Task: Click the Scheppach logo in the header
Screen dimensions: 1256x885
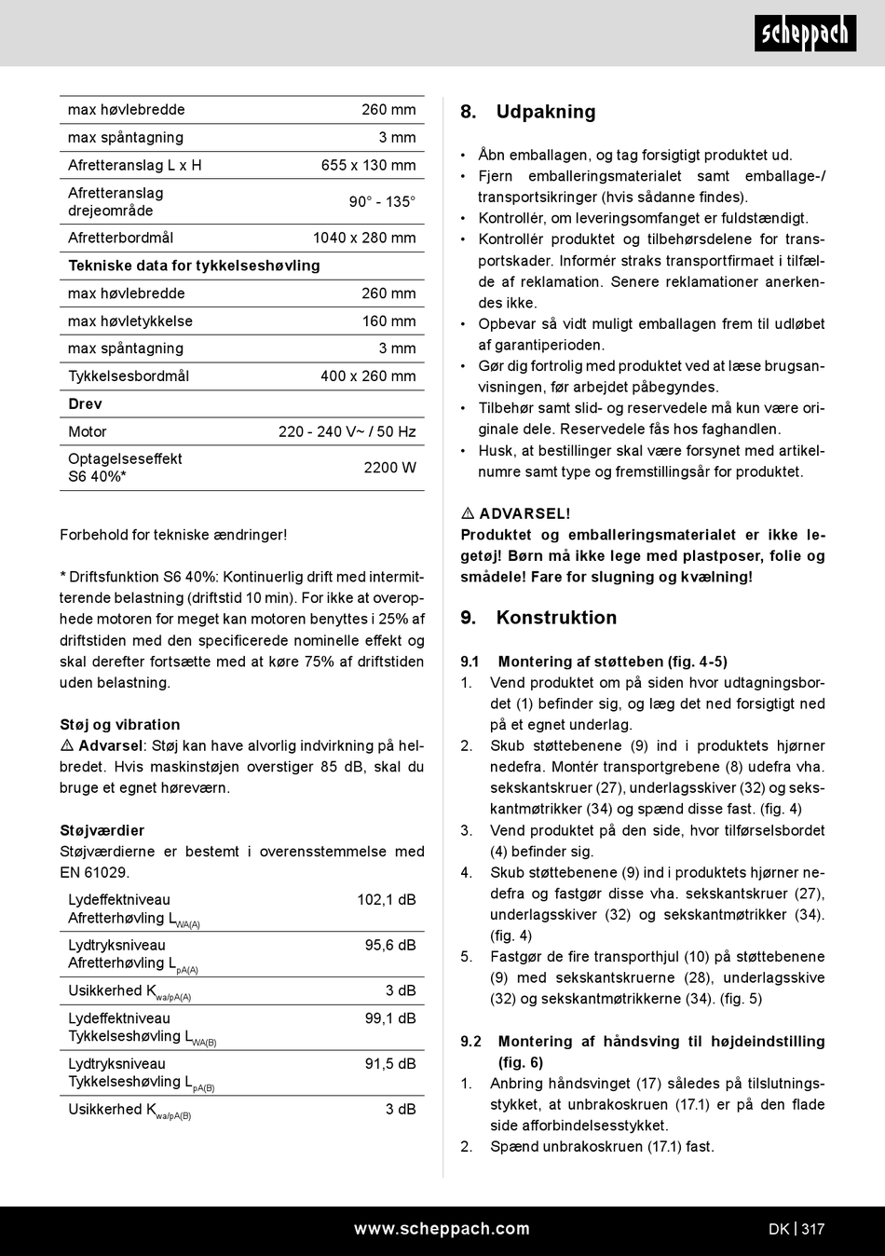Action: click(x=805, y=34)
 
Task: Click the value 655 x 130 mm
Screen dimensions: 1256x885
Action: click(x=368, y=165)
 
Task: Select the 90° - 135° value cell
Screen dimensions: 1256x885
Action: click(x=382, y=201)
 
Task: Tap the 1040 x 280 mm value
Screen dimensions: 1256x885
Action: click(x=364, y=238)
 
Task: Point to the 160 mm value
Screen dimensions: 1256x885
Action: click(x=388, y=321)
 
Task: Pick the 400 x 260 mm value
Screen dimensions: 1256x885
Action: click(x=368, y=376)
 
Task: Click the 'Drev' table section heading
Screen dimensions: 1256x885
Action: click(x=85, y=404)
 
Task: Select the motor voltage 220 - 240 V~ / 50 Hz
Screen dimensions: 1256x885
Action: click(x=347, y=431)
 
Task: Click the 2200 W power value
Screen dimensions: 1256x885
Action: click(x=389, y=468)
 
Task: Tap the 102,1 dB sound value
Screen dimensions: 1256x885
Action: click(x=386, y=900)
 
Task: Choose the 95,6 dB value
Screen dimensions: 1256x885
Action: click(x=389, y=945)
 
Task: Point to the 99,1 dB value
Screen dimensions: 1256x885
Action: click(x=389, y=1018)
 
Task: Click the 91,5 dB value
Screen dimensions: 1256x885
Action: click(x=389, y=1064)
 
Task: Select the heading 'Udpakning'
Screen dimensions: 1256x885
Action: click(x=545, y=112)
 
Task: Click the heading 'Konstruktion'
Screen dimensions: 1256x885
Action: click(x=556, y=618)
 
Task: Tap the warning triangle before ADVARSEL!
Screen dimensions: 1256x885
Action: click(x=468, y=513)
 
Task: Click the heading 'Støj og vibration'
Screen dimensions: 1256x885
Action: click(x=120, y=725)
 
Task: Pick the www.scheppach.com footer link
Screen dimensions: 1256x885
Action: click(x=442, y=1229)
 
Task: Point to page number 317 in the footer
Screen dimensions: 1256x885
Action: click(x=812, y=1229)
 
